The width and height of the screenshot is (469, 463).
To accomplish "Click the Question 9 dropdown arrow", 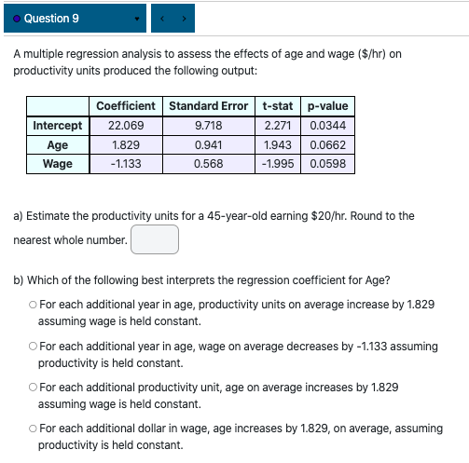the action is (137, 19).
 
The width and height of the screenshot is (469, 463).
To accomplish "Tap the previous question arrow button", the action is (167, 19).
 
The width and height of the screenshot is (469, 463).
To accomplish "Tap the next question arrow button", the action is (185, 19).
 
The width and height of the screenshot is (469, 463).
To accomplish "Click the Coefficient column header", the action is (125, 106).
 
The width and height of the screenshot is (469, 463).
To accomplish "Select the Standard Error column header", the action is (208, 106).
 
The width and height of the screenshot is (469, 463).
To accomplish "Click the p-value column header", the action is (327, 106).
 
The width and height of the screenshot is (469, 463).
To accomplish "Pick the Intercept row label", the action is (58, 126).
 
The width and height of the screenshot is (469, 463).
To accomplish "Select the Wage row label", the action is (58, 164).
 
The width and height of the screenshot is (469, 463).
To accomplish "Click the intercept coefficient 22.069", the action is (125, 126).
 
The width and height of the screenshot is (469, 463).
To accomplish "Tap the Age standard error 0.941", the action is (208, 145).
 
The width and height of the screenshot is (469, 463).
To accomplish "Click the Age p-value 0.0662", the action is (327, 145).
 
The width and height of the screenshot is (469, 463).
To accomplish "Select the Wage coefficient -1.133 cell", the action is (125, 164).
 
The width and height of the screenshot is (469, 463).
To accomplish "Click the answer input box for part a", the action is (155, 239).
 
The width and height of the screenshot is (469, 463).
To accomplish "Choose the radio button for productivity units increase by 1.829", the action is (33, 305).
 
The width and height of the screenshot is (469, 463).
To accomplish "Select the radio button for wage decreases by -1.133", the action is (33, 347).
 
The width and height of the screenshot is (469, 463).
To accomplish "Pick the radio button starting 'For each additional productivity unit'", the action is (33, 388).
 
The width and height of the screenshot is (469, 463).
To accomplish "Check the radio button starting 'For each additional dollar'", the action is (33, 429).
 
